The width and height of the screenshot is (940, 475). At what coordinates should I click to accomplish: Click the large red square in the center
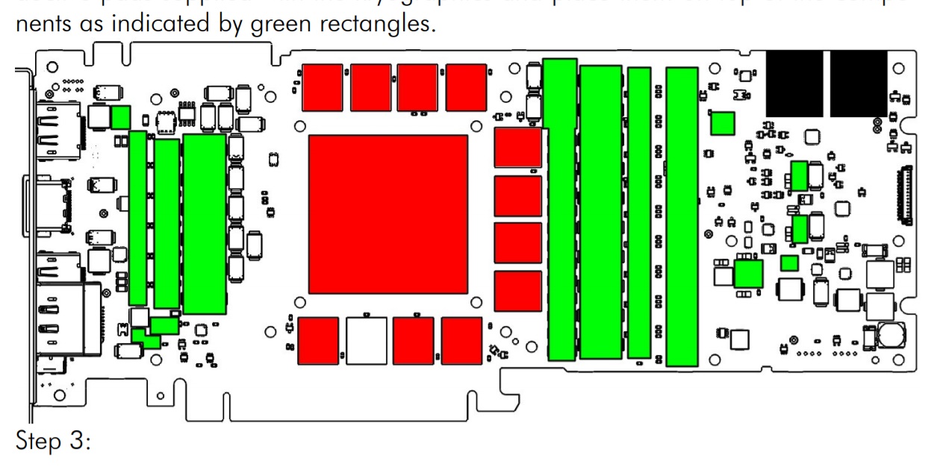tap(387, 214)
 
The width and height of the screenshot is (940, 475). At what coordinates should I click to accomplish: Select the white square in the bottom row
tap(367, 341)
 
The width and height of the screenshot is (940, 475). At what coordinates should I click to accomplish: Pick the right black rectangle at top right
tap(859, 84)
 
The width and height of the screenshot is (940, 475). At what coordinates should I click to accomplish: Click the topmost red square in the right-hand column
tap(517, 148)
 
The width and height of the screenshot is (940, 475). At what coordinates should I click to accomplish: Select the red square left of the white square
tap(318, 341)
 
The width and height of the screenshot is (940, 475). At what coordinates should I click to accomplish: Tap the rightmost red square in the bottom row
tap(462, 341)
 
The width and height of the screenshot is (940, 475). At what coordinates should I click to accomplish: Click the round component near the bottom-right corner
tap(888, 335)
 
